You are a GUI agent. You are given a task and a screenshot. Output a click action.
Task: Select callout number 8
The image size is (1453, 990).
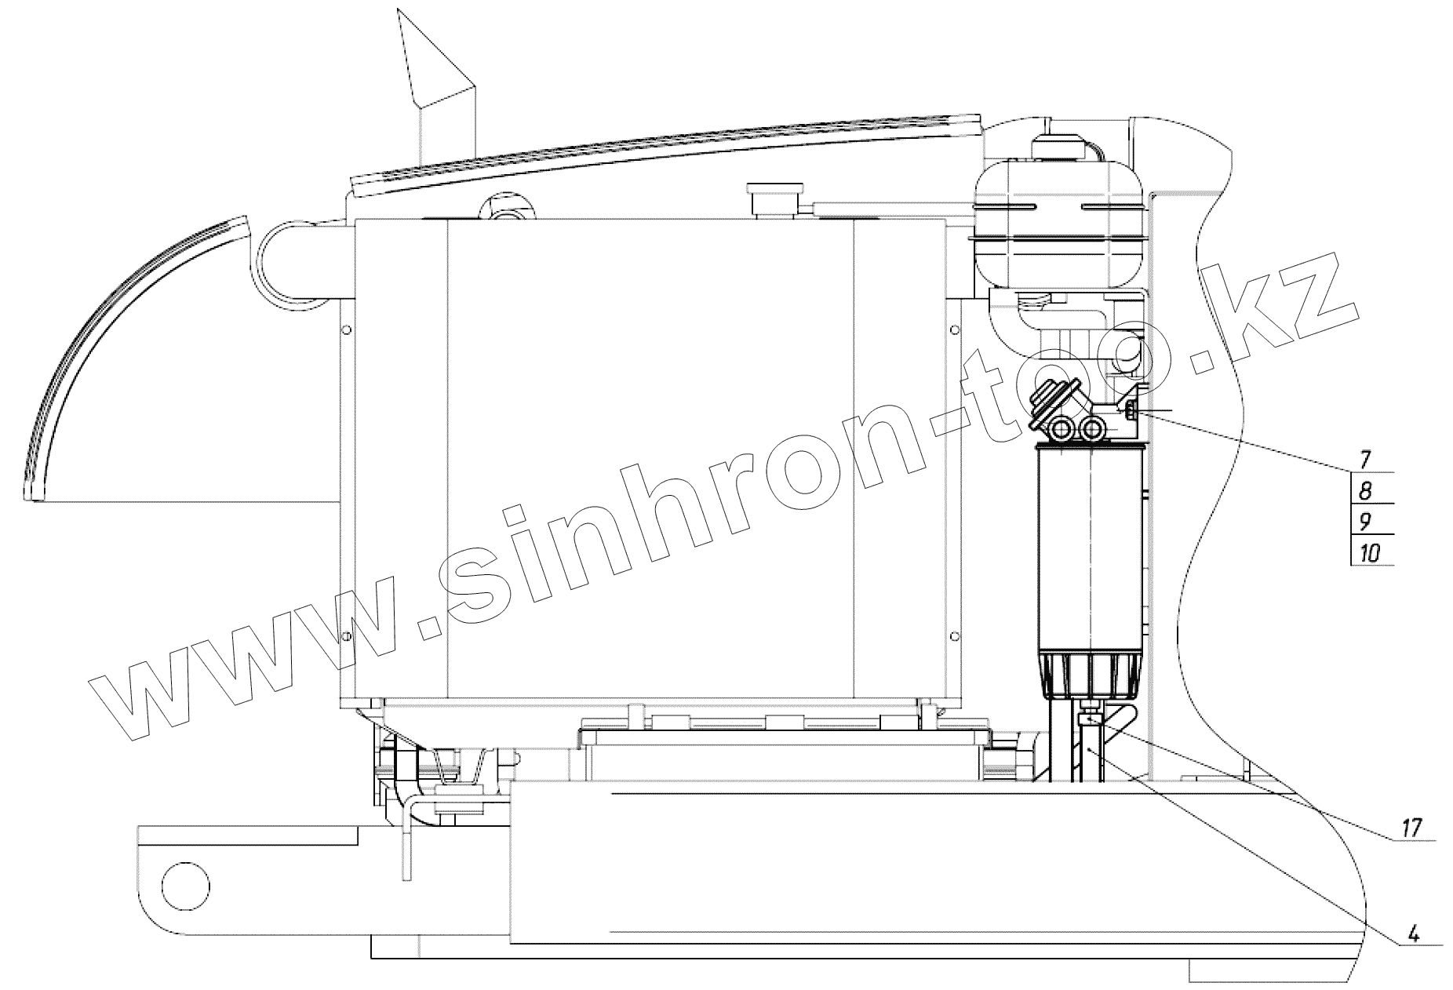[x=1365, y=491]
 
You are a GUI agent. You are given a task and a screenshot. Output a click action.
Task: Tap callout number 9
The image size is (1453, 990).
[x=1365, y=522]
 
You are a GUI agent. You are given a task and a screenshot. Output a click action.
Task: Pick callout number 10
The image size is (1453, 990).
[x=1370, y=553]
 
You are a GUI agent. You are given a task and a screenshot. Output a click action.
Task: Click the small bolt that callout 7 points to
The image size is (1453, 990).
[x=1130, y=409]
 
